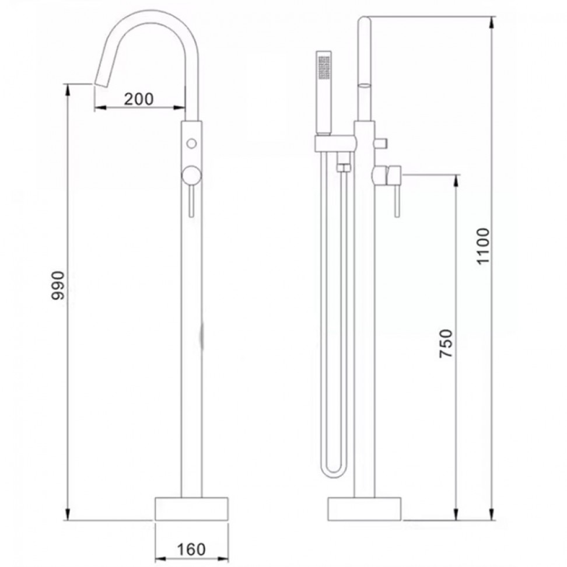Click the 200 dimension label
(139, 99)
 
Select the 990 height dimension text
(58, 286)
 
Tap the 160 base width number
(191, 549)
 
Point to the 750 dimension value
(446, 344)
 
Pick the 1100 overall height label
(483, 246)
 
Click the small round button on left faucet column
(192, 143)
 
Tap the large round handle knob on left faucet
(192, 176)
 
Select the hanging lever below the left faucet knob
(192, 201)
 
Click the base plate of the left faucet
(192, 509)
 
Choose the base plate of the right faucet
(365, 509)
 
